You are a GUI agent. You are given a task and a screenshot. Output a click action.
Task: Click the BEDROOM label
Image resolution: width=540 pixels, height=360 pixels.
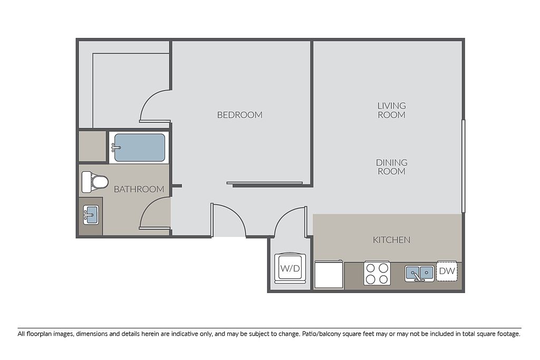[x=240, y=114]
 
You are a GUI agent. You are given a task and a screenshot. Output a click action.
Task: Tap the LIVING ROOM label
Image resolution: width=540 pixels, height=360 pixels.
[x=392, y=110]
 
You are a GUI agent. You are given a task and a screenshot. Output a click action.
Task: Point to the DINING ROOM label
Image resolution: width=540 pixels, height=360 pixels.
[x=392, y=167]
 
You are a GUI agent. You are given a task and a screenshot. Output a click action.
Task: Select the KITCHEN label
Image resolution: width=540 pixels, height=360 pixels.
[x=392, y=239]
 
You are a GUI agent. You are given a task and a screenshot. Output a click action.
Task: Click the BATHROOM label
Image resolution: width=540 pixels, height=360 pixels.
[x=139, y=189]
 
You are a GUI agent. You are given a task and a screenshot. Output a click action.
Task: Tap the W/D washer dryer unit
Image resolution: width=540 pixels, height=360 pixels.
[x=290, y=268]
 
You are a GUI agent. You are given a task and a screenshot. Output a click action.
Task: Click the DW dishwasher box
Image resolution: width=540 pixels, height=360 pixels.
[x=447, y=271]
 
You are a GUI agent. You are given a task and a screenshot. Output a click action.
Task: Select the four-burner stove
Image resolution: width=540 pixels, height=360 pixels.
[x=377, y=273]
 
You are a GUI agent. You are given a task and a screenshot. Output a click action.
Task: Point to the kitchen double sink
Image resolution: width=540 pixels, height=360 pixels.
[x=419, y=273]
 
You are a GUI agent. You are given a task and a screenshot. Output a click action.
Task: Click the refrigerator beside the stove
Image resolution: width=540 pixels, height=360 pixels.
[x=329, y=274]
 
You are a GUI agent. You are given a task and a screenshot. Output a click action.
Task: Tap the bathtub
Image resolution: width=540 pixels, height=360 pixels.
[x=139, y=147]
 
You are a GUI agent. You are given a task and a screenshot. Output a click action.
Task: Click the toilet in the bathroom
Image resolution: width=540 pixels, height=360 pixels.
[x=95, y=182]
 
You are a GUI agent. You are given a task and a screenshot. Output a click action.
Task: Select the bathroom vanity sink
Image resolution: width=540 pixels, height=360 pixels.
[x=91, y=215]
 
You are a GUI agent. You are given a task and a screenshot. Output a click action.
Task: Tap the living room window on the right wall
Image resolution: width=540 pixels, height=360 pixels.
[x=464, y=166]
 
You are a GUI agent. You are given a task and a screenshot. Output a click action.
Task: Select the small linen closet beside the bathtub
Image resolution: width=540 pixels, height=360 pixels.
[x=92, y=146]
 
